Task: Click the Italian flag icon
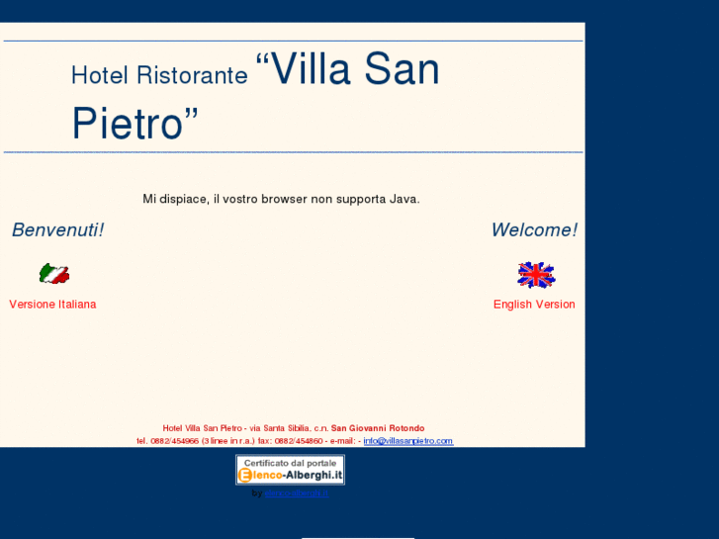(x=53, y=274)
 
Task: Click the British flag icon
(x=536, y=275)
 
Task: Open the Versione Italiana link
(x=52, y=305)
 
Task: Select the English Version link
(x=534, y=305)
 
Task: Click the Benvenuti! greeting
(x=57, y=230)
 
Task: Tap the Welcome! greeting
(x=534, y=230)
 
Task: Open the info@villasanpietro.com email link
(x=407, y=441)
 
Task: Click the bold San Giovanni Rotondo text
(x=378, y=428)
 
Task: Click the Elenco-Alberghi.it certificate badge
(x=290, y=470)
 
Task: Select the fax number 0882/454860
(x=298, y=441)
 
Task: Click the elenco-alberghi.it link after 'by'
(x=297, y=493)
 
